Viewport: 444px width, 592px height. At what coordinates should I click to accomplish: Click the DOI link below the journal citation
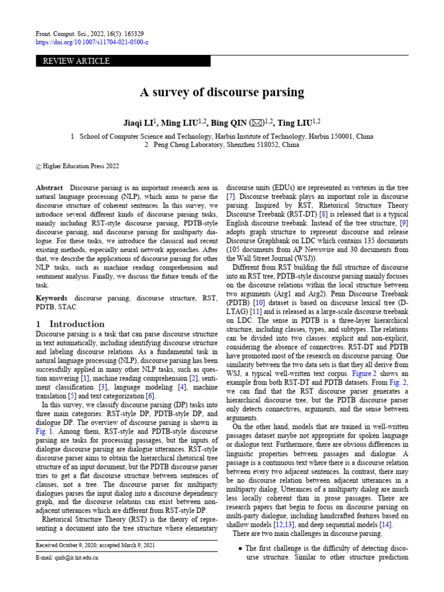(92, 43)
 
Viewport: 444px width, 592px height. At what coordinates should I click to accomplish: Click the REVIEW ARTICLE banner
(73, 61)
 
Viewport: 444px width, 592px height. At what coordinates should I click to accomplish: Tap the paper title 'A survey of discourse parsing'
(221, 92)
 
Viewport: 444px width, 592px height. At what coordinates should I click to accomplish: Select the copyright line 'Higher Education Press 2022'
(80, 166)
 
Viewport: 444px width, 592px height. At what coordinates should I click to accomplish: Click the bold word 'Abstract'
(50, 188)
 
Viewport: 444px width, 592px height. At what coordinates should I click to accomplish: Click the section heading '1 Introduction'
(70, 324)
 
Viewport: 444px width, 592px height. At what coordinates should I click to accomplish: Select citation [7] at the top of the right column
(230, 197)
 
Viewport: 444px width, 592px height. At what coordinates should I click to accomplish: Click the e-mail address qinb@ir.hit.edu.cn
(75, 558)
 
